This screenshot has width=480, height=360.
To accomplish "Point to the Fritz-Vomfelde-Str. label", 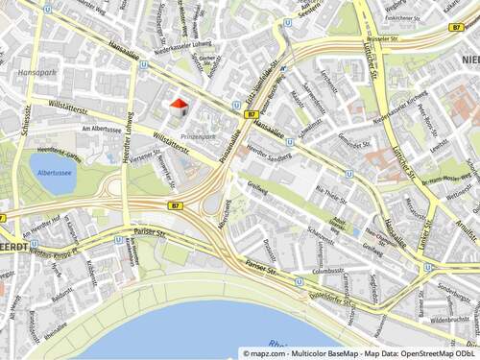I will coord(262,86).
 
